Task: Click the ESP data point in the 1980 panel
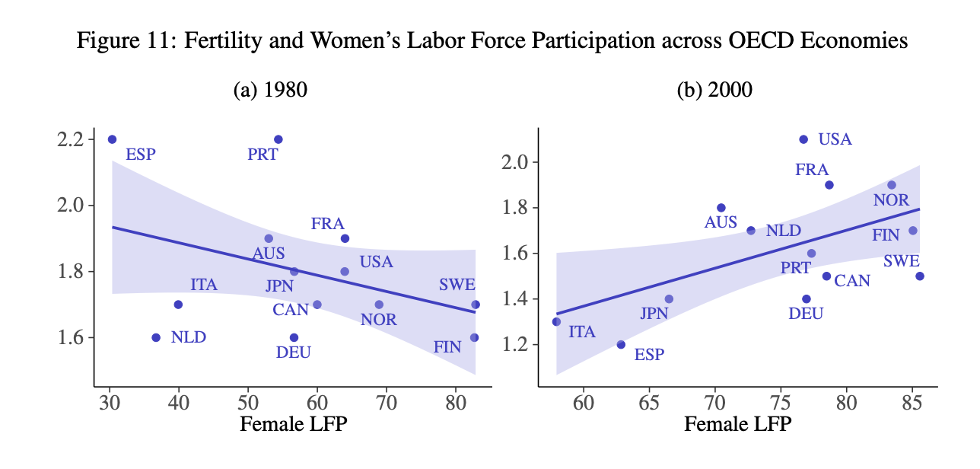coord(112,139)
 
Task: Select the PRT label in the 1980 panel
coord(263,155)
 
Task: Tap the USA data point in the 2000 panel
coord(803,139)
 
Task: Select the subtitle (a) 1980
coord(270,91)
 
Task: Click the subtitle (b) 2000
coord(714,91)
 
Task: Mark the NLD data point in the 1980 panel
coord(156,337)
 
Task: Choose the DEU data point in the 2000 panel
coord(807,299)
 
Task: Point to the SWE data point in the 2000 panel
coord(920,276)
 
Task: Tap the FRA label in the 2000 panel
coord(812,170)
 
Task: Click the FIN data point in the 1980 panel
coord(474,337)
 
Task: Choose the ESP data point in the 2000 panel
coord(621,345)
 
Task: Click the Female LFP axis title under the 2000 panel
coord(738,424)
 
